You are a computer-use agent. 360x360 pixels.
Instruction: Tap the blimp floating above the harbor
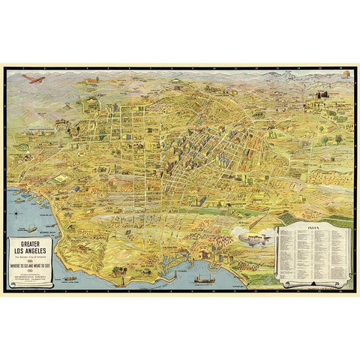click(250, 237)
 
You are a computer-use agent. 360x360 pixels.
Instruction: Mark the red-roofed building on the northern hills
click(92, 79)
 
